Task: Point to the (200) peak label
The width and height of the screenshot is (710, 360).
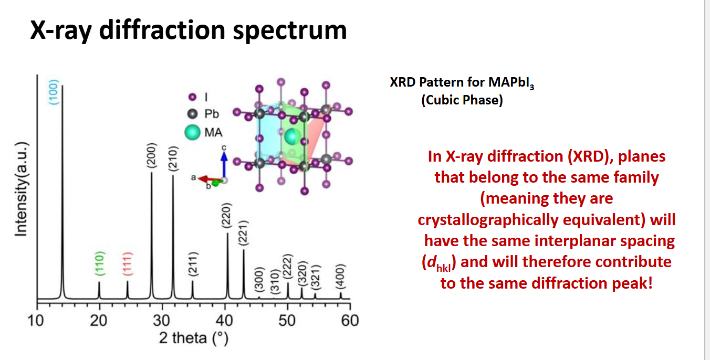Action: (x=152, y=155)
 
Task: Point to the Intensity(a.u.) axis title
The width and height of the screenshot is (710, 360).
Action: (x=21, y=189)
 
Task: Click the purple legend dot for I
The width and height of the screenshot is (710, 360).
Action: (x=192, y=97)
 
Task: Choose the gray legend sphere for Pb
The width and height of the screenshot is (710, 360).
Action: (x=192, y=114)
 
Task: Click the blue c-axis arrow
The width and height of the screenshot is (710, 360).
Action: (x=224, y=165)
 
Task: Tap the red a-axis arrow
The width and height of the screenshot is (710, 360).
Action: (x=210, y=179)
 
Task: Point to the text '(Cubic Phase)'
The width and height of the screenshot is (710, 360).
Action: (x=462, y=100)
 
